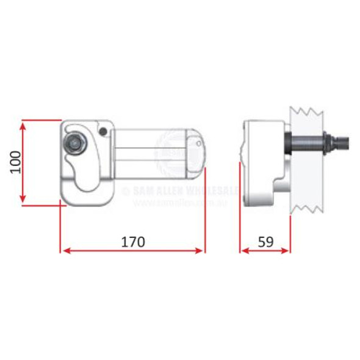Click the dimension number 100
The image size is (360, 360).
click(16, 162)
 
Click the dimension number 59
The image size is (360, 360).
click(265, 241)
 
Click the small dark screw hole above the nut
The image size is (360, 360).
click(104, 131)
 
